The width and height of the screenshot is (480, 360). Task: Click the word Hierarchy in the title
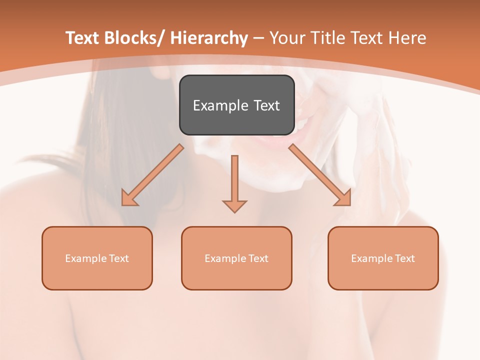209,38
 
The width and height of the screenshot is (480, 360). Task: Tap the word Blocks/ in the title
134,38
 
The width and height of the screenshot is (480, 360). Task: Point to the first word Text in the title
82,38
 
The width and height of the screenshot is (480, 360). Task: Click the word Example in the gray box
220,105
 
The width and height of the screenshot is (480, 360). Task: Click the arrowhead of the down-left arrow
129,199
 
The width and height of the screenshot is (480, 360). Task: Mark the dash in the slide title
259,38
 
